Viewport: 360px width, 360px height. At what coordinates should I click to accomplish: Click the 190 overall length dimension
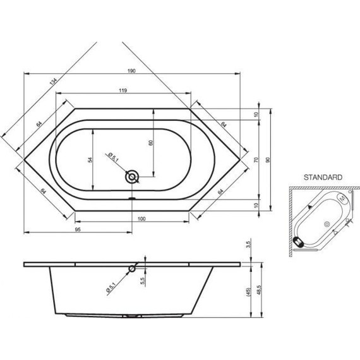coord(131,71)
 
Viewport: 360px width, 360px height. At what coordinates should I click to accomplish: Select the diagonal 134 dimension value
coord(53,82)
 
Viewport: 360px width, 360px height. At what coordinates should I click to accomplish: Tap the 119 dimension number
coord(123,90)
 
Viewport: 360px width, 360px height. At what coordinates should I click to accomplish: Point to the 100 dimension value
coord(141,219)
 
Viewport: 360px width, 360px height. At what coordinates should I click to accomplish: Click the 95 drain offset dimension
coord(78,229)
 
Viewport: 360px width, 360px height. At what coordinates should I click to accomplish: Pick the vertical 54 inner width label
coord(90,160)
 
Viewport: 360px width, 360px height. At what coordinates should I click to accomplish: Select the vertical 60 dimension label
coord(150,143)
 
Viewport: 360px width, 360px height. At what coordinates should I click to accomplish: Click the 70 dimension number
coord(256,160)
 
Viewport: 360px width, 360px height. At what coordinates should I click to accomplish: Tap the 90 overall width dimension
coord(268,160)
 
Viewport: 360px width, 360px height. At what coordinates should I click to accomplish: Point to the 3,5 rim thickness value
coord(249,244)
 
